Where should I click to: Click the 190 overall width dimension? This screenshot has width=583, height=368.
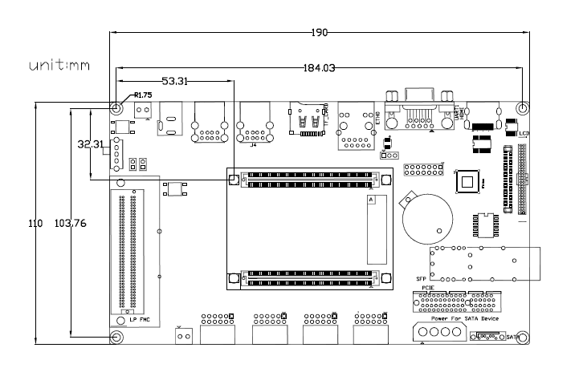pos(319,33)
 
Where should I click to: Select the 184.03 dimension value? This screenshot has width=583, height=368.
pos(320,69)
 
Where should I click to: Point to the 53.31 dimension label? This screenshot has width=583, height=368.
pos(175,81)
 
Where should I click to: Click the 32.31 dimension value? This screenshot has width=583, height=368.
pos(89,145)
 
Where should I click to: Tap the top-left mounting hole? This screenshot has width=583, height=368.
pos(117,109)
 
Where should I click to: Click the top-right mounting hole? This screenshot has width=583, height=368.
pos(523,108)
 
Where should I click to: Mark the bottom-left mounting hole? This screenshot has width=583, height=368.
pos(117,338)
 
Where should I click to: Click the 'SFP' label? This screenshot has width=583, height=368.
pos(420,279)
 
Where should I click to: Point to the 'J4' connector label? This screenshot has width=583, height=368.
pos(254,145)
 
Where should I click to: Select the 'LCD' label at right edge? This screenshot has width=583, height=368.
pos(524,133)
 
